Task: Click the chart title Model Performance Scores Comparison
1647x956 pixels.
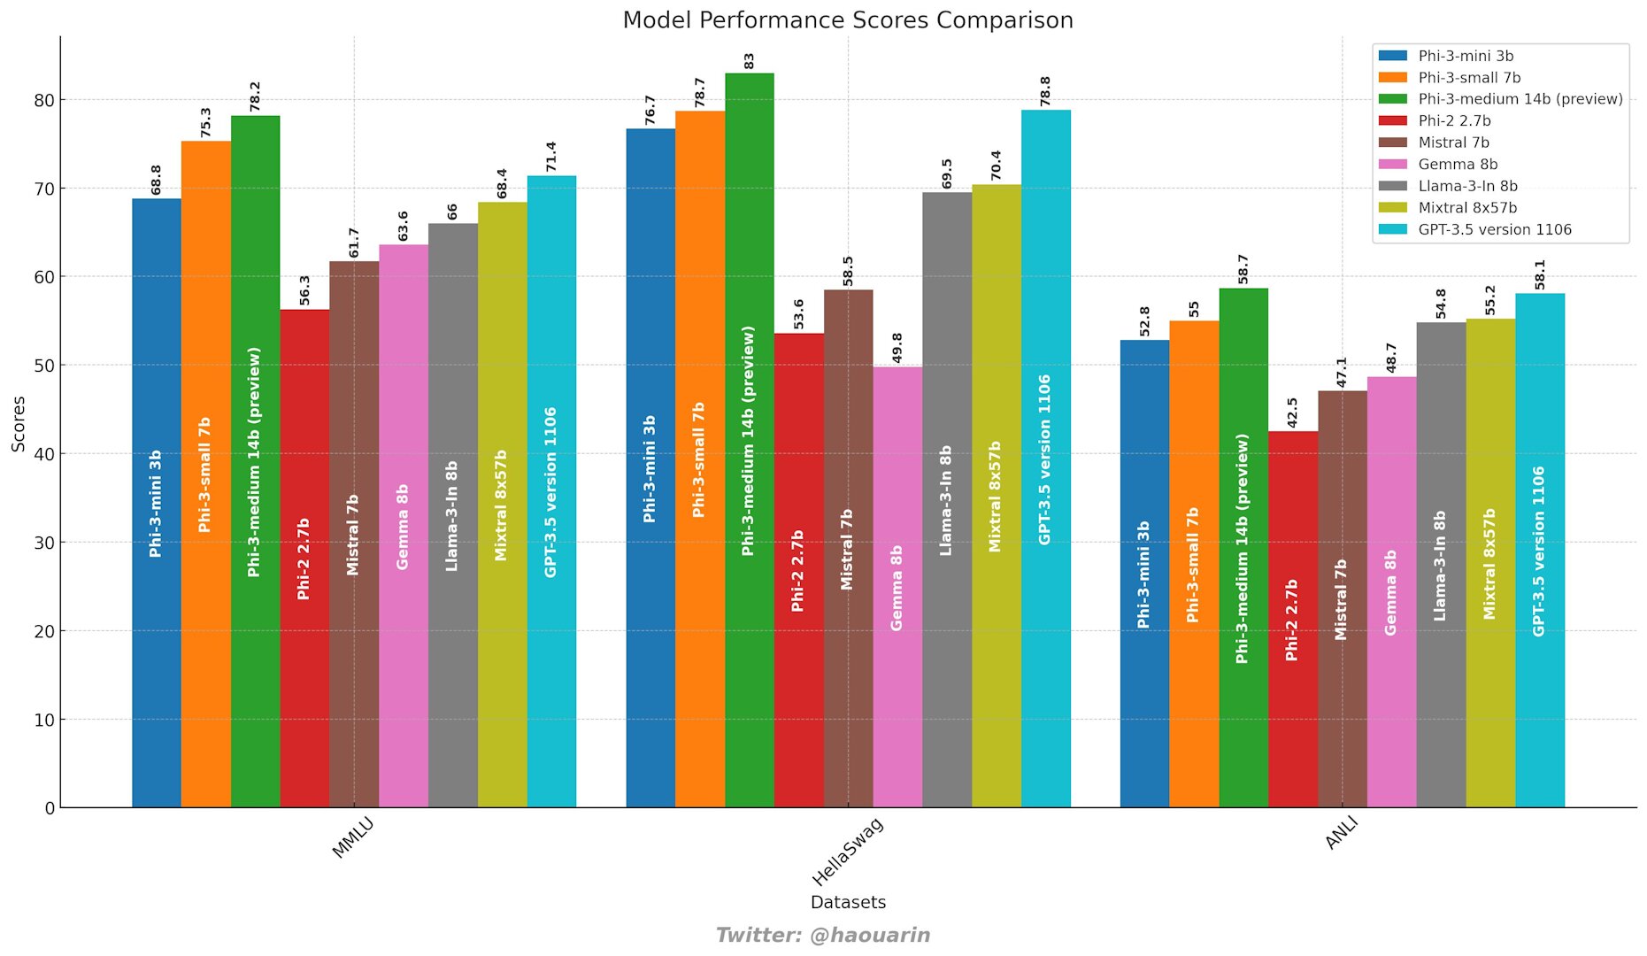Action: pos(847,19)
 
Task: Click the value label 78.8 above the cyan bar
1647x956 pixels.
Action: pos(1045,91)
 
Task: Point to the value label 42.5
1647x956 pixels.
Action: pos(1292,412)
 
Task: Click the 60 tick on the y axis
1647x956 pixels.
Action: pos(43,277)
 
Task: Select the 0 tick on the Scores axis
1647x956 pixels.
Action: pos(50,807)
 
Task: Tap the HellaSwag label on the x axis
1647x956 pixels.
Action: pos(847,852)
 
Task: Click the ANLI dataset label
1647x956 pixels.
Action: pos(1341,834)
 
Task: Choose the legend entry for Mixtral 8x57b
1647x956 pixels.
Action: pos(1466,208)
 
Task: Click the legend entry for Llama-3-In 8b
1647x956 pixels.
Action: pos(1466,186)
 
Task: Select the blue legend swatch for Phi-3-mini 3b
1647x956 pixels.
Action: pos(1393,56)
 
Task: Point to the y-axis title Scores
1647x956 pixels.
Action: pos(19,423)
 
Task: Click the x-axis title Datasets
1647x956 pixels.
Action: pos(847,902)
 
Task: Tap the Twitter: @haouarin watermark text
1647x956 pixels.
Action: pos(822,935)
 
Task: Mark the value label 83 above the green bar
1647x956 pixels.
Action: pos(749,60)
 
